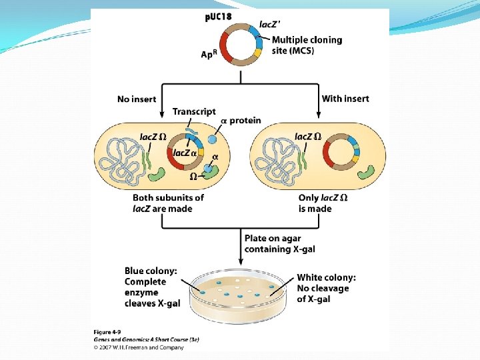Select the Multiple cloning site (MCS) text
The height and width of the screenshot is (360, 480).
307,45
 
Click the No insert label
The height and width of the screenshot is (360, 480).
137,99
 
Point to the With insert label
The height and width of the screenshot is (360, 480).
345,99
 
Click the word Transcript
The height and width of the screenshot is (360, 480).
194,111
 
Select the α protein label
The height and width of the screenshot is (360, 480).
241,120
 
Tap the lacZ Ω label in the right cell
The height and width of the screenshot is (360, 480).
308,137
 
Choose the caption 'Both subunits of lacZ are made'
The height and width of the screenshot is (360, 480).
168,203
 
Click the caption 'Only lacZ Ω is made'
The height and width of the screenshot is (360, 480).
324,203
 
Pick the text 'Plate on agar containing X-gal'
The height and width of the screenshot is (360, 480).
279,243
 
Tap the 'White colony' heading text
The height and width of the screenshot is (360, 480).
326,277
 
